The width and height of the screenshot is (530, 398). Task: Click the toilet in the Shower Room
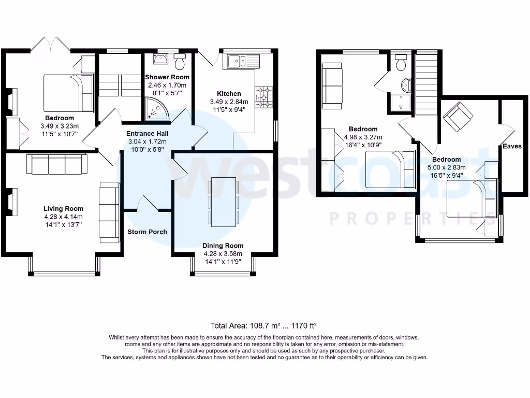tap(180, 63)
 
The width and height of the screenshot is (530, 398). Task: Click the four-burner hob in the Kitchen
tap(266, 97)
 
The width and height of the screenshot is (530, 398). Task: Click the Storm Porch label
tap(148, 232)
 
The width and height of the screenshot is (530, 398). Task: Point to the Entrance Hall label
tap(148, 133)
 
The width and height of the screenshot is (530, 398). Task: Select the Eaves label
tap(512, 146)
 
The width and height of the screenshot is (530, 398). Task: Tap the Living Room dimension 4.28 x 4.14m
tap(63, 217)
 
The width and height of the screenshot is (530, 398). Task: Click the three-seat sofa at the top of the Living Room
tap(57, 164)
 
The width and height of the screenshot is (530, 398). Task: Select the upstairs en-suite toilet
tap(400, 64)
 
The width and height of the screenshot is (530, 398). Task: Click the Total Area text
tap(263, 326)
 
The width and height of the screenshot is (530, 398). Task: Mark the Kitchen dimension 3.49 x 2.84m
tap(229, 102)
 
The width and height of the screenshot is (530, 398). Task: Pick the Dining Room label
tap(224, 246)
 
